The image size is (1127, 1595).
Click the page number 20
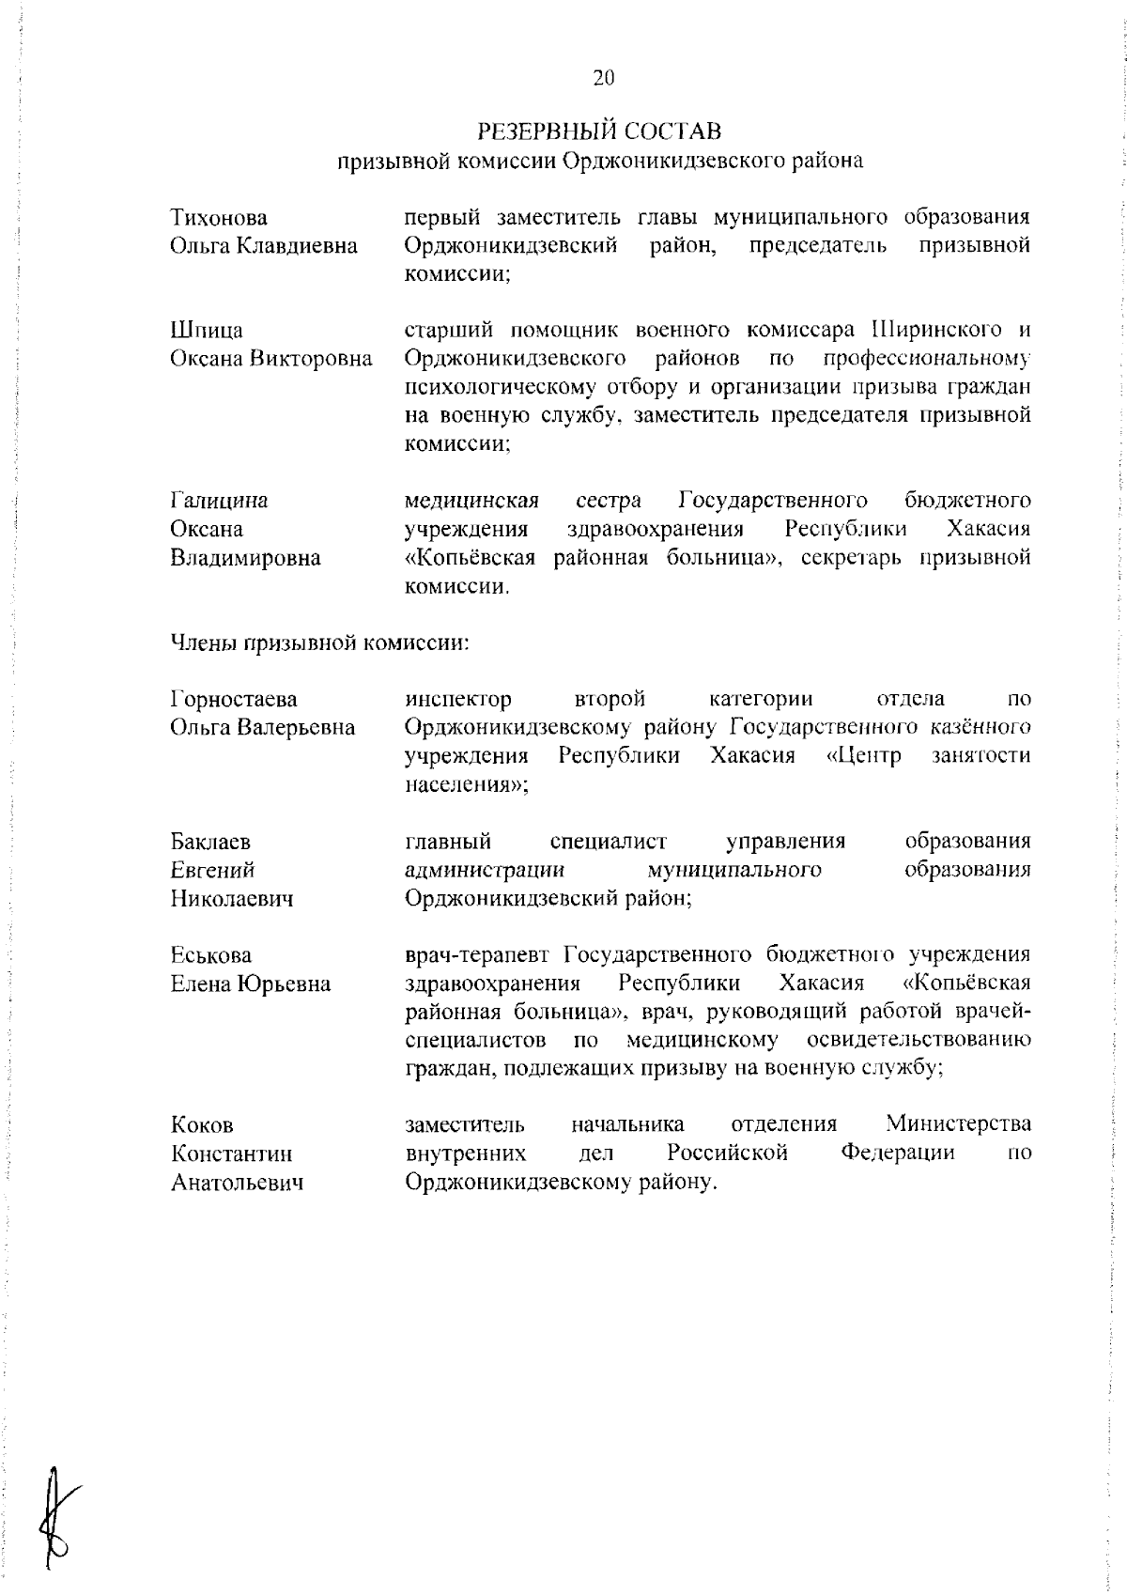(x=603, y=78)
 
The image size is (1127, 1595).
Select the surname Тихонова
(x=219, y=218)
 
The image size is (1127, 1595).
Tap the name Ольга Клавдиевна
(x=264, y=246)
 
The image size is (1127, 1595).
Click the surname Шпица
(x=207, y=331)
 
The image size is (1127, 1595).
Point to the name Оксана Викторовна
(x=270, y=359)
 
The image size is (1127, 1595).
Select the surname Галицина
(x=219, y=501)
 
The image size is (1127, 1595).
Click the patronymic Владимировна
(x=245, y=558)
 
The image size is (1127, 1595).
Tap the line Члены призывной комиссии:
(x=319, y=643)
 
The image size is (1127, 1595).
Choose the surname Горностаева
(x=234, y=699)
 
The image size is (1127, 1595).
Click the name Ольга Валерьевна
(x=263, y=727)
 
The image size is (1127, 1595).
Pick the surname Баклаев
(x=211, y=841)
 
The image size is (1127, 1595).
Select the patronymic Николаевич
(x=232, y=899)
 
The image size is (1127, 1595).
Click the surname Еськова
(x=211, y=955)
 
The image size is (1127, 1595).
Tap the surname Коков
(x=202, y=1125)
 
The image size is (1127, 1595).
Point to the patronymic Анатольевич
(x=237, y=1184)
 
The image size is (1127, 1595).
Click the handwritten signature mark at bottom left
(x=58, y=1503)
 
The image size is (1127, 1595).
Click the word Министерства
(x=958, y=1123)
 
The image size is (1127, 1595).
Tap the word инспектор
(x=458, y=699)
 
